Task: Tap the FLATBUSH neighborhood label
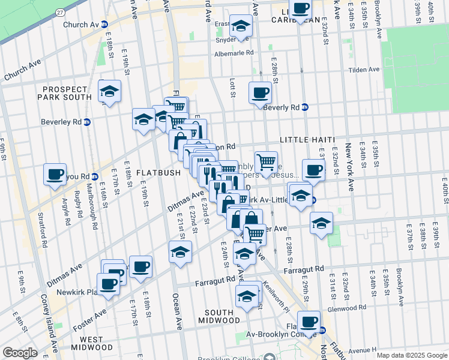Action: click(158, 173)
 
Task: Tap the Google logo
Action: click(20, 353)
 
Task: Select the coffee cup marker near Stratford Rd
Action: click(55, 175)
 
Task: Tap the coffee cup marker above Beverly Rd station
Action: click(260, 92)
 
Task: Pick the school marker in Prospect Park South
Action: click(109, 91)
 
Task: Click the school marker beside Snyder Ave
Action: click(241, 26)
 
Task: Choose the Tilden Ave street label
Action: click(364, 70)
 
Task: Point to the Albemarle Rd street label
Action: click(234, 53)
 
